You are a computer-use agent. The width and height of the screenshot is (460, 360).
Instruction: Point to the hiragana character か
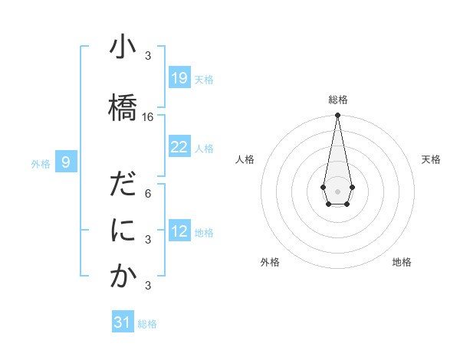[x=123, y=276]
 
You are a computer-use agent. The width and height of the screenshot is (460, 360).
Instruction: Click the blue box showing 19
[x=179, y=78]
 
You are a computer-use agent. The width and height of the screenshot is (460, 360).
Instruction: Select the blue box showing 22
[x=179, y=147]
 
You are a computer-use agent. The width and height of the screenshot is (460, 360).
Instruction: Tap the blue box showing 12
[x=179, y=231]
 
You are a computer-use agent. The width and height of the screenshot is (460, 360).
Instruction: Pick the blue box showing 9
[x=66, y=162]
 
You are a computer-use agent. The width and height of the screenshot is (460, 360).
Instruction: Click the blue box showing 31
[x=123, y=322]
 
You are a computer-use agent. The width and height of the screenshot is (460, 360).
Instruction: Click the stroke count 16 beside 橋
[x=148, y=117]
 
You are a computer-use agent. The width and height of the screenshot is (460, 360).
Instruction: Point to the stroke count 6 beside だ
[x=148, y=193]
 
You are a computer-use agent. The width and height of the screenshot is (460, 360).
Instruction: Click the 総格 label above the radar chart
[x=337, y=100]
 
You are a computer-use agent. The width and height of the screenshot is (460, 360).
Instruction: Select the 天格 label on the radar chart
[x=431, y=159]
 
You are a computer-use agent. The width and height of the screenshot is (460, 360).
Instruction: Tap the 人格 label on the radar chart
[x=245, y=159]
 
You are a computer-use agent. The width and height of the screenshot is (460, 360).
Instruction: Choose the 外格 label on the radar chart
[x=270, y=262]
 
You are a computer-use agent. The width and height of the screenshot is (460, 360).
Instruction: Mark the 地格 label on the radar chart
[x=402, y=262]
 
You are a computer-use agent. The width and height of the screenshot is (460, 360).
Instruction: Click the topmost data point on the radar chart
[x=337, y=116]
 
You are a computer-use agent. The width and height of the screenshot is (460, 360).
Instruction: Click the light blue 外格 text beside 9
[x=40, y=163]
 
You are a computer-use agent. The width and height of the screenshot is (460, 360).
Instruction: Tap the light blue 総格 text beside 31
[x=147, y=324]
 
